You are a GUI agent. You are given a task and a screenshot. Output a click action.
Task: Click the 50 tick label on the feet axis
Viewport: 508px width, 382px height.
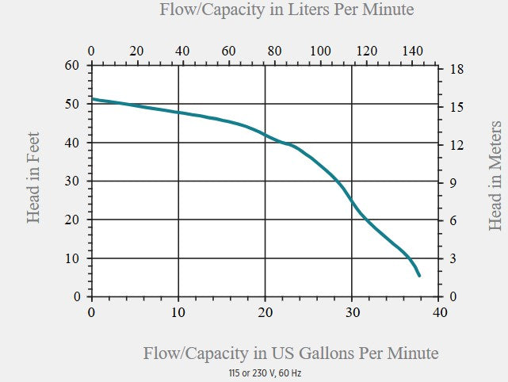pos(74,104)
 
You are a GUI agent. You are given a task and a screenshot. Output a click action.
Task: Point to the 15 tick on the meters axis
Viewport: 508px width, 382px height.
pos(457,107)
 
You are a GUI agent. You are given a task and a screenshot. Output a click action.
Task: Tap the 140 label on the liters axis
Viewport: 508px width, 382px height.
pos(411,51)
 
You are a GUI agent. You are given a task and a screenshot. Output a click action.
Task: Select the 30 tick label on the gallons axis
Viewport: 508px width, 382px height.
pos(353,312)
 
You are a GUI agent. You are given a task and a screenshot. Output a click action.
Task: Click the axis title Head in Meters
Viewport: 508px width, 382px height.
pos(495,176)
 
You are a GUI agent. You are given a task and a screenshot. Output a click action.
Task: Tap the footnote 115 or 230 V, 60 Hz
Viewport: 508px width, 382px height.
pos(265,372)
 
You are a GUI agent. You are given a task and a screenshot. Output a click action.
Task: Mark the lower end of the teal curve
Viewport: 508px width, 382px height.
pos(419,275)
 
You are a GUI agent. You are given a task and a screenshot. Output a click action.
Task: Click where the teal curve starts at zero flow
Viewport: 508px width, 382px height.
pos(93,99)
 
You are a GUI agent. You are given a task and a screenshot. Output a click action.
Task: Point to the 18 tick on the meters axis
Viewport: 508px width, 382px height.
pos(457,70)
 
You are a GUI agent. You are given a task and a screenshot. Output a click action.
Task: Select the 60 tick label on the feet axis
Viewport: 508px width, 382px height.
pos(74,65)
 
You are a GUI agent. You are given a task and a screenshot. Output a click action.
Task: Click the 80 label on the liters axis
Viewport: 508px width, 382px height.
pos(274,51)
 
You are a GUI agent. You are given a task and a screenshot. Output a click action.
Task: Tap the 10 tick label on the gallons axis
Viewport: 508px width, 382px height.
pos(178,312)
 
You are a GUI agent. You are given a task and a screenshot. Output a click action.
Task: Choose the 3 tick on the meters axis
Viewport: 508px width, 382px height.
pos(454,259)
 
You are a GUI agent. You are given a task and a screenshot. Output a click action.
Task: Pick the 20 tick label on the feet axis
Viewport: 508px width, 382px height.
pos(74,220)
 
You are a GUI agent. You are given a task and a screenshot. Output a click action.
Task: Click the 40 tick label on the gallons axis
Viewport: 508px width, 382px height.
pos(440,312)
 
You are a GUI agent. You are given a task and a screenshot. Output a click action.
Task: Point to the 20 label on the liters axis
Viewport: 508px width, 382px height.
pos(137,51)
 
